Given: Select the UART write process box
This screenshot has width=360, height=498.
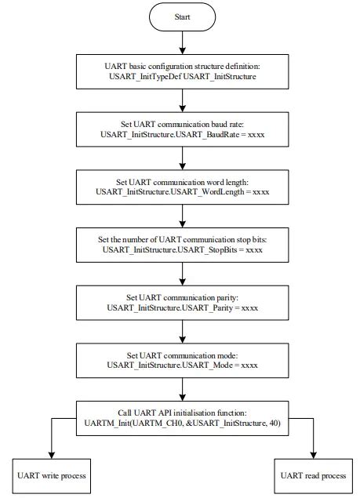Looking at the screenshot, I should pos(51,475).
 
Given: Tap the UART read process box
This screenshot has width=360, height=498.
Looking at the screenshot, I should pos(311,475).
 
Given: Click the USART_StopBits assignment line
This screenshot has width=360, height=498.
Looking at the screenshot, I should pos(181,249).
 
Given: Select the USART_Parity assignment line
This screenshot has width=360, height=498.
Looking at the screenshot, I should pos(181,307).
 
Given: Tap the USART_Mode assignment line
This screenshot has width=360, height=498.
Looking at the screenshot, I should pos(181,365).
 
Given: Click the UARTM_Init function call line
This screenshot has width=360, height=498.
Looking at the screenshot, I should pos(181,423).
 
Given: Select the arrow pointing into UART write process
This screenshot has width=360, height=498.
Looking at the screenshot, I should pos(51,447).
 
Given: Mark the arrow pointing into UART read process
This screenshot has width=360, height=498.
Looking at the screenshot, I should pos(311,447).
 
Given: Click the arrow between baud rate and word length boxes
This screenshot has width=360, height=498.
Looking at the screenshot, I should pos(181,161).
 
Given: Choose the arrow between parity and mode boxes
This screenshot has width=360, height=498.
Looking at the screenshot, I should pos(181,334).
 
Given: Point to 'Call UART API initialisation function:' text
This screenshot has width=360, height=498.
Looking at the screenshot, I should pos(181,412).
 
